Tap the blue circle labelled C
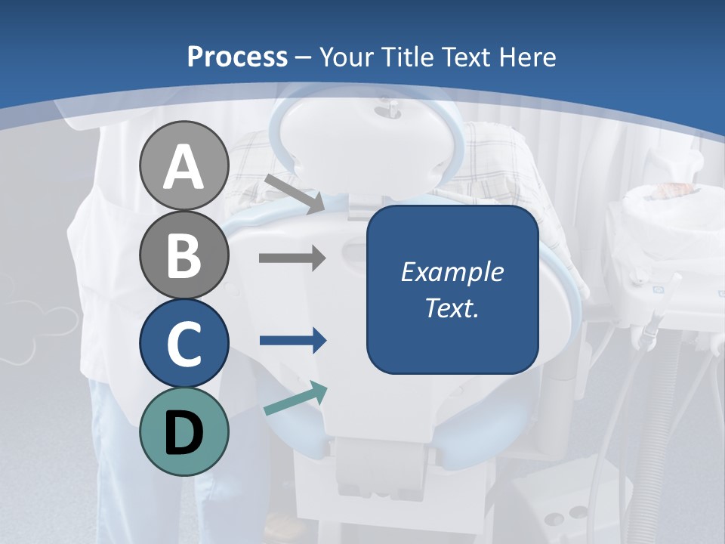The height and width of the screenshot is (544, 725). [184, 343]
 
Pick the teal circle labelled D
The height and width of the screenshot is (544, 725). [184, 431]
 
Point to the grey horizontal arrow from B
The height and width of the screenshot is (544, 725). [292, 258]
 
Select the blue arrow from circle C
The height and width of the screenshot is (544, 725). [292, 341]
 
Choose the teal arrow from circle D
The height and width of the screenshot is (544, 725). [295, 399]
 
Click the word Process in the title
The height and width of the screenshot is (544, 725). [237, 57]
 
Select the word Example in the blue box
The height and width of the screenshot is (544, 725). [452, 272]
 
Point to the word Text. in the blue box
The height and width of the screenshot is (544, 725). [452, 308]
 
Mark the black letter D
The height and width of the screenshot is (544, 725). [184, 433]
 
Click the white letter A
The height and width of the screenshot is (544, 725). [184, 168]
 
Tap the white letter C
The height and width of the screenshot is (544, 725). [184, 344]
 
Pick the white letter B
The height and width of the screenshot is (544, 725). [184, 255]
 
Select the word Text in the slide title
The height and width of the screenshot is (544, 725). [465, 57]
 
